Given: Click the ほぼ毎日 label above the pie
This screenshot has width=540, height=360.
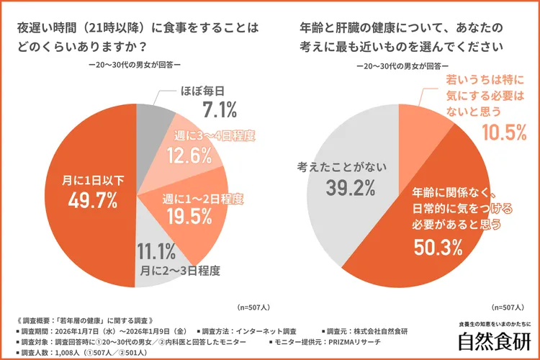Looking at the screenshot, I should [201, 91].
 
